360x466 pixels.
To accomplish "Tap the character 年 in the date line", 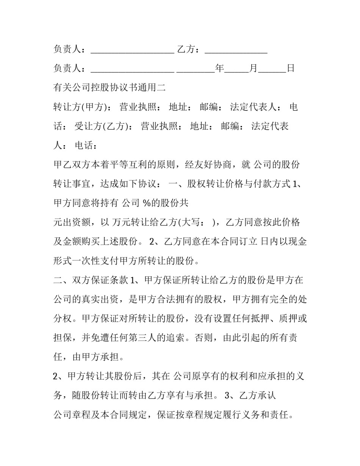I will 220,69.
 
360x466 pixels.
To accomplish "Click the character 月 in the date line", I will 253,69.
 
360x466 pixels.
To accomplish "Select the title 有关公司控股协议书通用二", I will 110,88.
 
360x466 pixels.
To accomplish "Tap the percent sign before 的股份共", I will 146,203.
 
